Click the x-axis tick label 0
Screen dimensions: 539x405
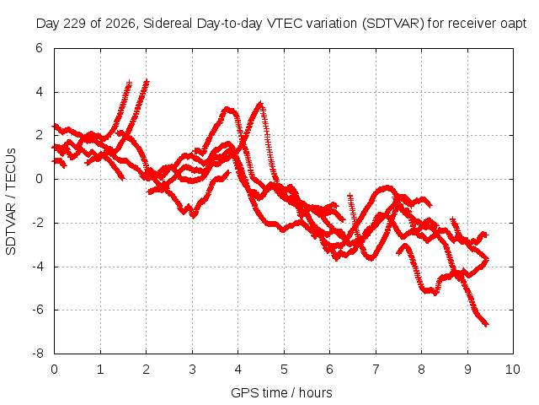click(x=54, y=370)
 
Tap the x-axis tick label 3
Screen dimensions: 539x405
click(x=192, y=370)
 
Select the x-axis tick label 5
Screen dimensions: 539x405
click(x=284, y=370)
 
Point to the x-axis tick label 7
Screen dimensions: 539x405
click(x=376, y=370)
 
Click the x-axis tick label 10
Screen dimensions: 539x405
click(x=513, y=370)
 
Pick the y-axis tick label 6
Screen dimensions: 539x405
click(x=39, y=48)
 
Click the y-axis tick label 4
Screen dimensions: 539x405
click(x=39, y=92)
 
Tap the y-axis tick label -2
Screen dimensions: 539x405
click(x=37, y=223)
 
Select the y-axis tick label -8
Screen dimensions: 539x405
click(x=37, y=354)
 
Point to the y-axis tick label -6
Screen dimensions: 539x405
click(x=37, y=310)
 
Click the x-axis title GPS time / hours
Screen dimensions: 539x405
click(x=281, y=392)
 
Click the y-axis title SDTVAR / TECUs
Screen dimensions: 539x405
click(x=11, y=202)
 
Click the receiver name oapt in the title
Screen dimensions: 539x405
click(x=514, y=24)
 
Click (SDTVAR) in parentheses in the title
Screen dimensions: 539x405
click(x=393, y=24)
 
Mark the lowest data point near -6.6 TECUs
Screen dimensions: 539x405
click(x=486, y=324)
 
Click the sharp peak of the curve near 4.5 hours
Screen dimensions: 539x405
click(x=260, y=103)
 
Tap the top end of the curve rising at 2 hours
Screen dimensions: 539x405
click(x=147, y=81)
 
